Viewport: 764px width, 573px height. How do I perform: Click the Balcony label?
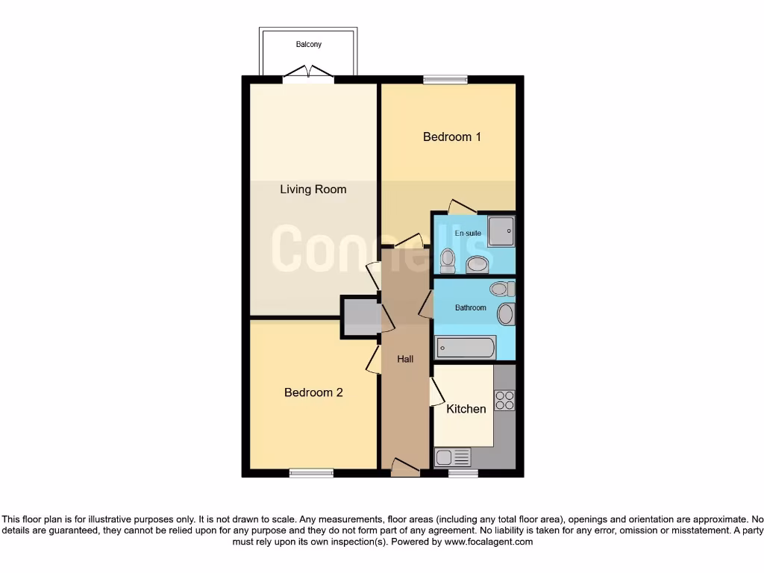309,45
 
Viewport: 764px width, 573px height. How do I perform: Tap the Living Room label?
313,190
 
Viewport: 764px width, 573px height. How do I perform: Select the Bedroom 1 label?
452,137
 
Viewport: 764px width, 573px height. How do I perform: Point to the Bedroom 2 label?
313,392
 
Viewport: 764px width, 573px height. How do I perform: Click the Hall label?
405,359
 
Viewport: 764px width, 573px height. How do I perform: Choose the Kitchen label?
466,409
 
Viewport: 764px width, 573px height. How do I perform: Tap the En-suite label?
468,234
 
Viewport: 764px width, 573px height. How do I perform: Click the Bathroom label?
471,307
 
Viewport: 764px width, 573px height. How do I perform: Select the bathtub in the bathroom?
466,348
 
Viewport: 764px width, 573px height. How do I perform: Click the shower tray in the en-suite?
501,230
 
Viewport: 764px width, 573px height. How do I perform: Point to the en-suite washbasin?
477,264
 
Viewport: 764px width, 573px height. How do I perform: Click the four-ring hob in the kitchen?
504,400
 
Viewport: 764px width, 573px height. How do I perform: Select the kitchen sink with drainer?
454,457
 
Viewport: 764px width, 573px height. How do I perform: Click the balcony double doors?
309,73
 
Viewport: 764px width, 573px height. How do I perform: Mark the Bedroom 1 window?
445,79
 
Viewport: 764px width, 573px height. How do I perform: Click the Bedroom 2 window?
312,472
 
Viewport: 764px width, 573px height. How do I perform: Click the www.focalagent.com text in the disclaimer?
488,542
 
